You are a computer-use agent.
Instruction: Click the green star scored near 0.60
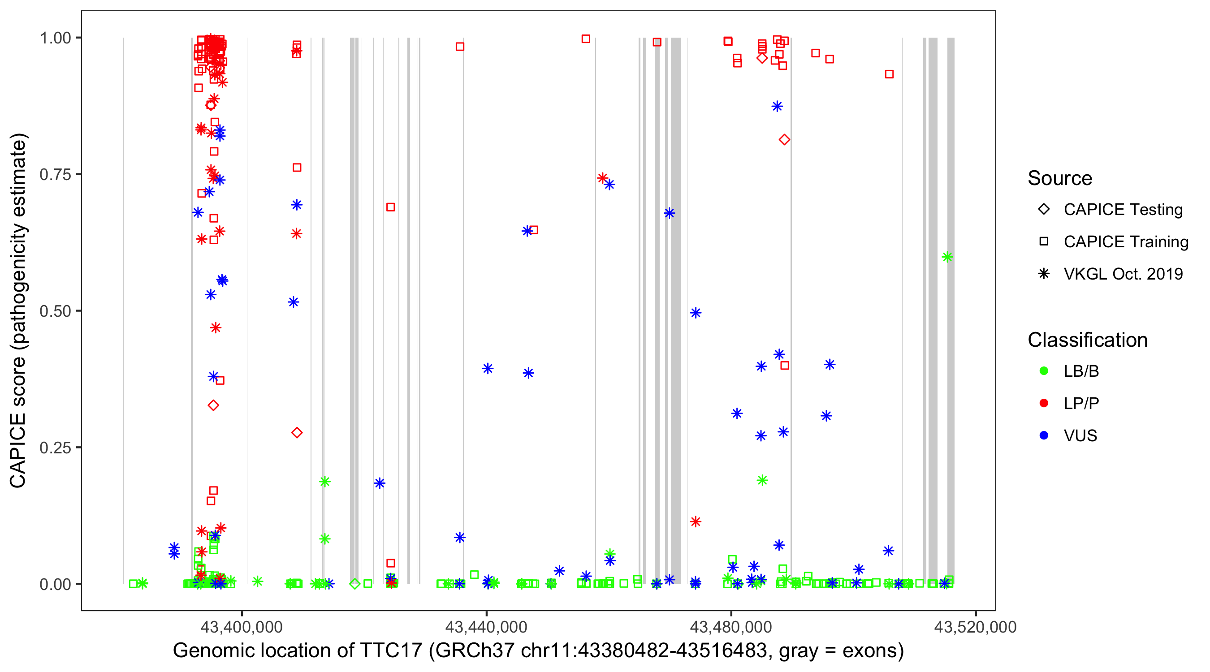947,257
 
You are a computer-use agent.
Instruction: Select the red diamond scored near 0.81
784,139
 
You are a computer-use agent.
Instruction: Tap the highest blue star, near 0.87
777,106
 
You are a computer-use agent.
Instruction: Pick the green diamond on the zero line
355,584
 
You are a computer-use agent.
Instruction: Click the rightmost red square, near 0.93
889,74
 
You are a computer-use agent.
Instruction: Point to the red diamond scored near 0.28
297,432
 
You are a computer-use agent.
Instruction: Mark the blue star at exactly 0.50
696,313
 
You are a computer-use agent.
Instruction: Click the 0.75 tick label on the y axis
55,175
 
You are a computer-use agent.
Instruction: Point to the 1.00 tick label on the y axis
55,38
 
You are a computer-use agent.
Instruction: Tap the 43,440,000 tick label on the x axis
486,627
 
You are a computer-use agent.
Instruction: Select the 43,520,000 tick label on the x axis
975,627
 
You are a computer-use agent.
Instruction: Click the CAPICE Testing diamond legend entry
1044,210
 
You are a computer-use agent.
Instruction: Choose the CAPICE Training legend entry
1044,242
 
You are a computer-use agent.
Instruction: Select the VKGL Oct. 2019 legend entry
1044,274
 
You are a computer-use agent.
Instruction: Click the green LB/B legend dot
1044,371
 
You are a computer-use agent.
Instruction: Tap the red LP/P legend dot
1044,403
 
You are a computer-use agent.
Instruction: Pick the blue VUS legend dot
1044,435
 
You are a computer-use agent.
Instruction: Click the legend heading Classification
1087,340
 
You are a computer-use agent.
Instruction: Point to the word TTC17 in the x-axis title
391,650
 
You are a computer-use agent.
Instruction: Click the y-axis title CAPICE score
18,422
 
